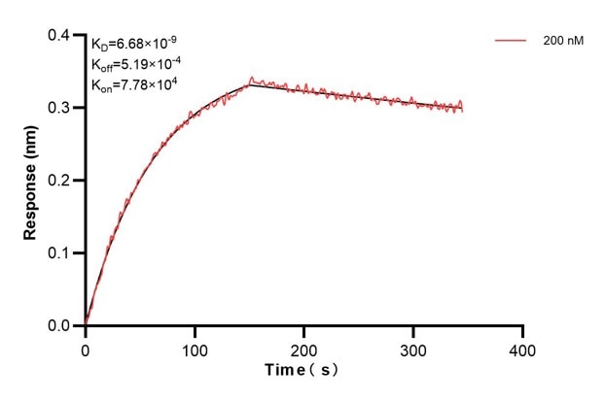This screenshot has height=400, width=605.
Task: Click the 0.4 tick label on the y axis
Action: tap(61, 36)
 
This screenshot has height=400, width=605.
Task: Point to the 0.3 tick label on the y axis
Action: tap(61, 108)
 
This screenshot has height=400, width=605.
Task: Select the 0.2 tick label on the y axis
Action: tap(61, 181)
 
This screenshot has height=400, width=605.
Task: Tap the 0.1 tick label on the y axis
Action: tap(61, 253)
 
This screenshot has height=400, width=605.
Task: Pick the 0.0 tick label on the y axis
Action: tap(61, 326)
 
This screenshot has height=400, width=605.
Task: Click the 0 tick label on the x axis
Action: tap(86, 348)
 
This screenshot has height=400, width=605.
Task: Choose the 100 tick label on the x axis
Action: tap(195, 348)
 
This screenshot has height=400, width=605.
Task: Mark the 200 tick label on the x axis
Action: tap(304, 348)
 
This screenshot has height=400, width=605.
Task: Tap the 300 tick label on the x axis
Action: tap(414, 348)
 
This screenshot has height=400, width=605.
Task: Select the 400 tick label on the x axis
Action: tap(523, 348)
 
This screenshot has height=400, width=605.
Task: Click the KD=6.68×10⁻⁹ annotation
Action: tap(134, 44)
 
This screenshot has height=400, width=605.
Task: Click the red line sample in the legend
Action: tap(512, 42)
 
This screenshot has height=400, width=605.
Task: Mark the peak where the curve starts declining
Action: tap(250, 83)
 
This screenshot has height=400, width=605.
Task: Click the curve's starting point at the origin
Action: tap(86, 325)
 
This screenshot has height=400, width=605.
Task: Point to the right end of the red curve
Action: tap(463, 108)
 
